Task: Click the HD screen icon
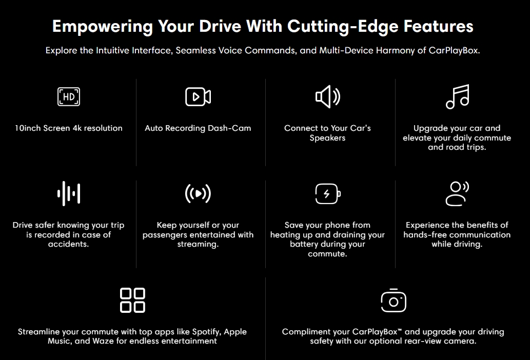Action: pyautogui.click(x=69, y=96)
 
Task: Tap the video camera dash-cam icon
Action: pyautogui.click(x=198, y=96)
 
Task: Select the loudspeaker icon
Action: pyautogui.click(x=327, y=96)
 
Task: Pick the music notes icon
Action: pyautogui.click(x=457, y=96)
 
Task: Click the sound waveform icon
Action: pyautogui.click(x=69, y=193)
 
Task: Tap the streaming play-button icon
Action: pyautogui.click(x=198, y=193)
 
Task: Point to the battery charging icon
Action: pyautogui.click(x=327, y=194)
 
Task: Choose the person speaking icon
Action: pyautogui.click(x=457, y=193)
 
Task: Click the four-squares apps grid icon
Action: pyautogui.click(x=132, y=300)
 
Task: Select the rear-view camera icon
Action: pyautogui.click(x=394, y=300)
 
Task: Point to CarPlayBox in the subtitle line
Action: pyautogui.click(x=454, y=51)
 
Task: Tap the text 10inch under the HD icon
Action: pyautogui.click(x=26, y=128)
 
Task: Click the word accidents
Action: pyautogui.click(x=69, y=244)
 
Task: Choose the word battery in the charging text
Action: pyautogui.click(x=303, y=244)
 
